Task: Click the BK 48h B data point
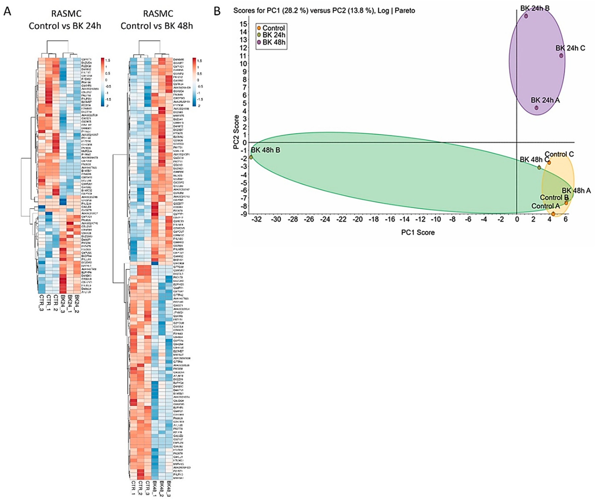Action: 251,157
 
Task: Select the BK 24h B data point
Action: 526,16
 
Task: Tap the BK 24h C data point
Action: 561,56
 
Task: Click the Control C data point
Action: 549,162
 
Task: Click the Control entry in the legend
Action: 273,28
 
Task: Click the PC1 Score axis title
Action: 418,232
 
